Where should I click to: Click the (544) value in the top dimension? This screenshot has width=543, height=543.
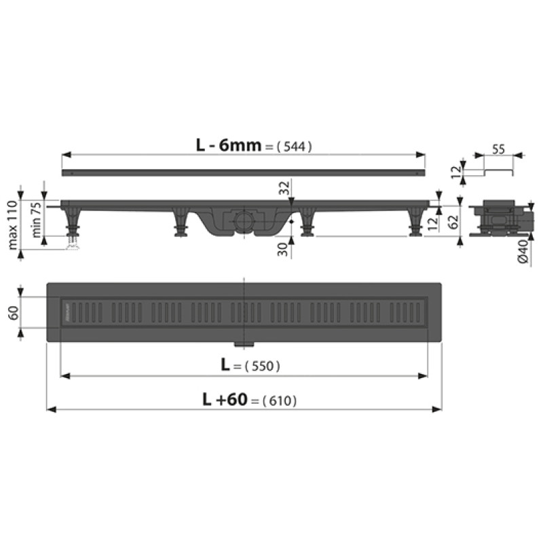[x=295, y=147]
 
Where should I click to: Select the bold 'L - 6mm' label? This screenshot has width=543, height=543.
[x=228, y=145]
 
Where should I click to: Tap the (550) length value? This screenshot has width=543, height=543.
[x=262, y=366]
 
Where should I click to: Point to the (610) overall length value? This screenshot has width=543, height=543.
[x=280, y=400]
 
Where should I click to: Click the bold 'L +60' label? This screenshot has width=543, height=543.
[x=225, y=399]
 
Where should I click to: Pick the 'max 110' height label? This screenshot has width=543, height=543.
[x=13, y=225]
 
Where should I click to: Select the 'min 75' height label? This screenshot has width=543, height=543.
[x=37, y=220]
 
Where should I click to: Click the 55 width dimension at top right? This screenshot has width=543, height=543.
[x=498, y=149]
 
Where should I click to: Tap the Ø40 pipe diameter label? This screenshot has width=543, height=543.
[x=523, y=252]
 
